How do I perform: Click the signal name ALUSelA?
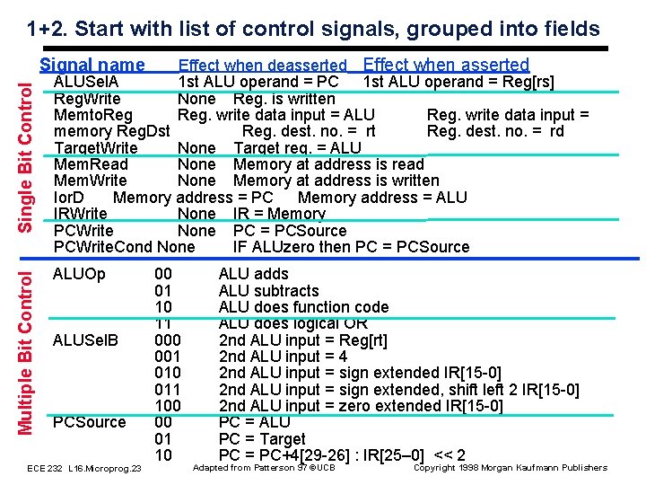pos(86,83)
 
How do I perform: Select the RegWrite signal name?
pos(87,99)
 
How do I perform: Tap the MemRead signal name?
pos(91,164)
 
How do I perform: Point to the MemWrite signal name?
pos(91,181)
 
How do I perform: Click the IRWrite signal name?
pos(81,214)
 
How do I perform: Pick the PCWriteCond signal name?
pos(103,246)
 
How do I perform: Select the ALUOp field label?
pos(79,274)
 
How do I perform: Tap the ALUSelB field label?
pos(86,339)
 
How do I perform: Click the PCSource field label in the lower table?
pos(90,421)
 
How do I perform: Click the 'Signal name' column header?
pos(92,65)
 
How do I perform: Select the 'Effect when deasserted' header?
pos(262,66)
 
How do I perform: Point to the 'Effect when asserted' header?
pos(446,65)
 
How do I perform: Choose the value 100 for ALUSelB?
pos(168,405)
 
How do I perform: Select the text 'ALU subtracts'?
pos(268,291)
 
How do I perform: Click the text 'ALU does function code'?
pos(303,307)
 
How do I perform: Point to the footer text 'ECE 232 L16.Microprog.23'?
pos(84,469)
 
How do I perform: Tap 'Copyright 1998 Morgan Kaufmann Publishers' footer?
pos(510,467)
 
